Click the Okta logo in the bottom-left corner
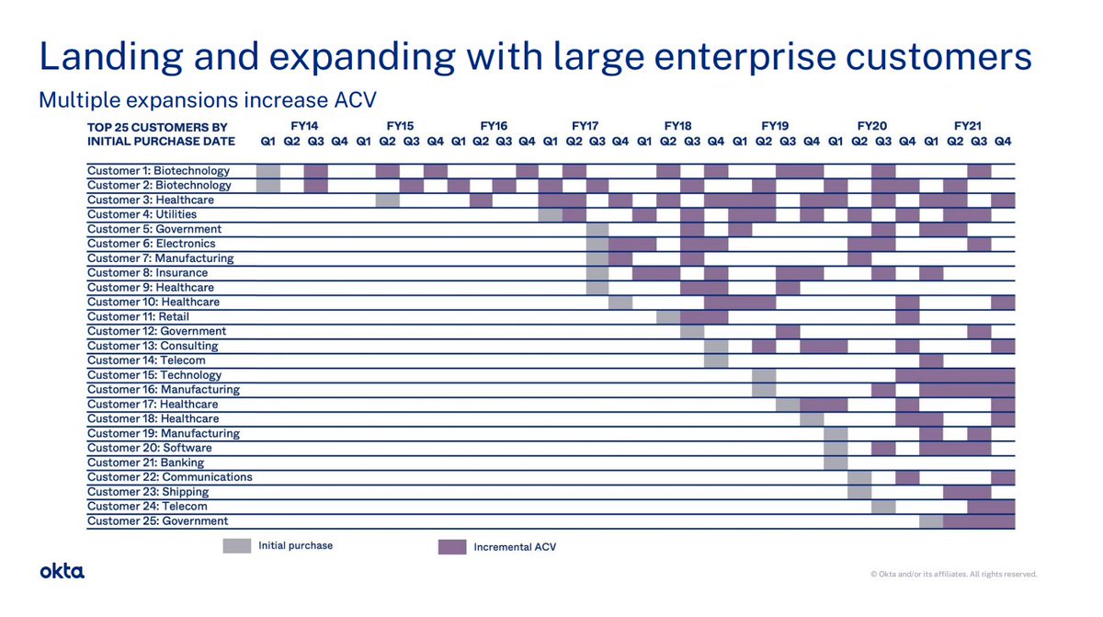click(x=62, y=571)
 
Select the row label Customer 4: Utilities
click(x=142, y=214)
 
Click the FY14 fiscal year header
click(x=305, y=125)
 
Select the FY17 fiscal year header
click(x=585, y=125)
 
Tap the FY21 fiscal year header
click(x=967, y=125)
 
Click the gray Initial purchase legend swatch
click(x=237, y=546)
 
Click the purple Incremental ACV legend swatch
click(x=452, y=546)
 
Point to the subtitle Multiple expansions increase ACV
click(x=207, y=99)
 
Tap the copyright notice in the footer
click(x=953, y=574)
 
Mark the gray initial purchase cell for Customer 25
click(x=931, y=521)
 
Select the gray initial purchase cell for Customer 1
click(x=268, y=170)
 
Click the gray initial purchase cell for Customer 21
click(x=836, y=463)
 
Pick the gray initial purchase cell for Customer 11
click(x=668, y=316)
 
